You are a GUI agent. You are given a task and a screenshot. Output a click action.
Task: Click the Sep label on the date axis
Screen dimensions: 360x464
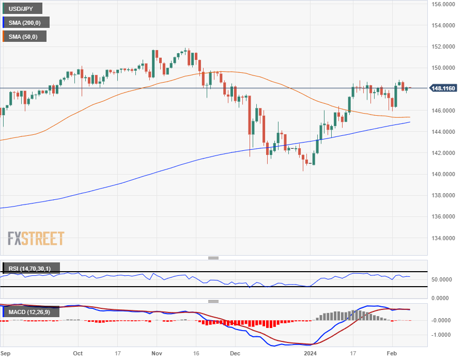6,354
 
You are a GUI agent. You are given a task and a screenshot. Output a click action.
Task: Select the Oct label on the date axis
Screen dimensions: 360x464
78,354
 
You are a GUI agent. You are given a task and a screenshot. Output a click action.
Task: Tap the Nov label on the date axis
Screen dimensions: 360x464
157,354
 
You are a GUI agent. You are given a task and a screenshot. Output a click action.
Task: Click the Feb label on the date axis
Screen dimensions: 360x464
392,354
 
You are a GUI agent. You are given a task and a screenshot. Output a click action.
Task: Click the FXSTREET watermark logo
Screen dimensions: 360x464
36,239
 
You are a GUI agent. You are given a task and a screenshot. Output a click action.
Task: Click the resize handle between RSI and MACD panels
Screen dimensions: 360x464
213,301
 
